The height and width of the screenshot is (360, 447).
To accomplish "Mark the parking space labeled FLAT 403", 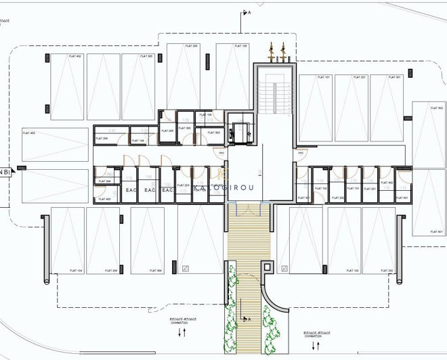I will click(55, 144).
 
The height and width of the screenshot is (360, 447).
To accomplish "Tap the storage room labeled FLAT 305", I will click(184, 128).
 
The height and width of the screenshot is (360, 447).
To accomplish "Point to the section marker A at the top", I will click(249, 13).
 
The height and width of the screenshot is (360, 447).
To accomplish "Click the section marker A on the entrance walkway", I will click(249, 318).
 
